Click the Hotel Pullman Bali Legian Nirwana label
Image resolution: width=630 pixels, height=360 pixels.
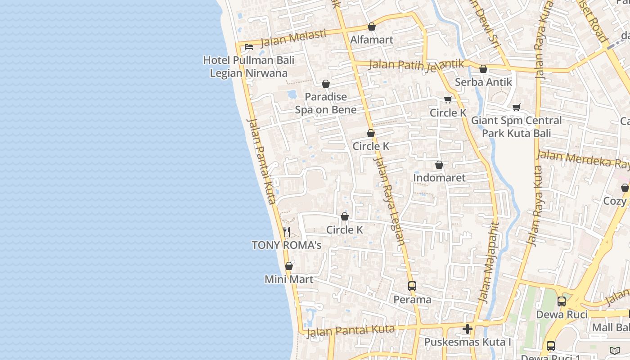click(x=248, y=66)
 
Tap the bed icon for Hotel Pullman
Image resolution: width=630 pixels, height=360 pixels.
click(x=248, y=46)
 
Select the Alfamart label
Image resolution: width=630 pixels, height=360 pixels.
click(x=372, y=40)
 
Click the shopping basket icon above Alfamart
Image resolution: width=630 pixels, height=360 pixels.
click(x=372, y=27)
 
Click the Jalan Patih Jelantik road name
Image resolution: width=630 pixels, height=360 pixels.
click(x=416, y=65)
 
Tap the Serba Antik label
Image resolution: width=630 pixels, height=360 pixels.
click(x=483, y=82)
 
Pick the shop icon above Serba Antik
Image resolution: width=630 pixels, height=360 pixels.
click(x=483, y=69)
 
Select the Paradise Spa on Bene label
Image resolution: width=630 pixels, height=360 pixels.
click(x=326, y=103)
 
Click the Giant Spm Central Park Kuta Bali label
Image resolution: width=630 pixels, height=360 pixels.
click(x=516, y=127)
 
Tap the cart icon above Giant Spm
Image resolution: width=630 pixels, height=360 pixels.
click(x=516, y=108)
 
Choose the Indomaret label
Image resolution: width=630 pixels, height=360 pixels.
click(x=439, y=178)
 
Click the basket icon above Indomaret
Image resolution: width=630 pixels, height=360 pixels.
click(x=439, y=165)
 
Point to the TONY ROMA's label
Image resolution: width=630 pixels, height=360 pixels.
click(x=287, y=245)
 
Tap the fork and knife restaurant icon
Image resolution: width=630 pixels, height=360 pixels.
click(x=287, y=232)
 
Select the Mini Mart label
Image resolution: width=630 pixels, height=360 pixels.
click(x=289, y=279)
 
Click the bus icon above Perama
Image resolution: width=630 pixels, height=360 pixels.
click(x=412, y=286)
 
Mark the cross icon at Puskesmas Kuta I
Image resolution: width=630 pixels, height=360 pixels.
click(x=468, y=329)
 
